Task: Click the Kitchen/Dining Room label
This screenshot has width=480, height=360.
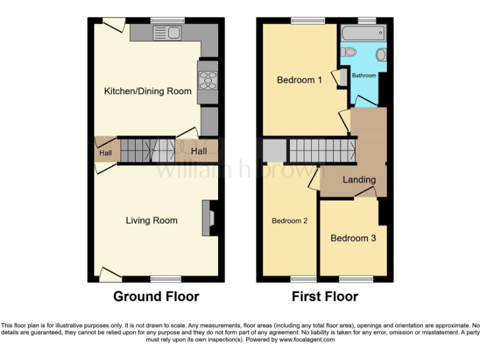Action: [147, 91]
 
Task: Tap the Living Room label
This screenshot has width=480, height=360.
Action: [151, 220]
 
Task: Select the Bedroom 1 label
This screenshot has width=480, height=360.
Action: [299, 80]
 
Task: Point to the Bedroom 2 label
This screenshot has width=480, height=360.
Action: [289, 221]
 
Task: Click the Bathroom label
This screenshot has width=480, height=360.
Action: [364, 76]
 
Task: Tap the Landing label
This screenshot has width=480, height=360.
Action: [359, 180]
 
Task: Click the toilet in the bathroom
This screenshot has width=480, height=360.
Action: [349, 52]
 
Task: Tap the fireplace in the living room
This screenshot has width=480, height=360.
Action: [209, 217]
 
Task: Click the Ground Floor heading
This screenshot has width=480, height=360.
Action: [156, 296]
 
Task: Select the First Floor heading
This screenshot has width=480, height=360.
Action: [325, 296]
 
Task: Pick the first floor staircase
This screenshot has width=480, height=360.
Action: [321, 151]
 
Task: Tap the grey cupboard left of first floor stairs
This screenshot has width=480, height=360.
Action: [273, 151]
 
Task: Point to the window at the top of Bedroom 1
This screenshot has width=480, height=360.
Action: [307, 22]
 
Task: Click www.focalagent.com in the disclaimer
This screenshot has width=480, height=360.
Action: [307, 340]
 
